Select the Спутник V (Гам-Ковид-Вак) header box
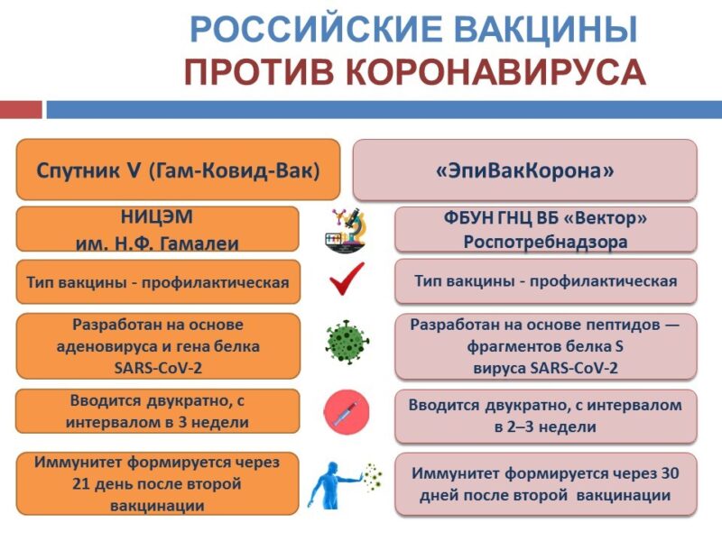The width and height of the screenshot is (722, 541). [178, 170]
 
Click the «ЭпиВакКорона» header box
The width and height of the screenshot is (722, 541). [525, 170]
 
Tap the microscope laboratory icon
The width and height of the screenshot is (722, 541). [346, 231]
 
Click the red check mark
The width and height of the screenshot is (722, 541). [347, 279]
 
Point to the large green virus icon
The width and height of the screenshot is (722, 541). [347, 343]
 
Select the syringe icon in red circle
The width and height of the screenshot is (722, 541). [347, 412]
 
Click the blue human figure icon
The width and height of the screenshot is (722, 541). [330, 485]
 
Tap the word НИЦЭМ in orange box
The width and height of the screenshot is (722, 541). [157, 216]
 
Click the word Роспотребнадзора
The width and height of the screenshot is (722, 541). [546, 242]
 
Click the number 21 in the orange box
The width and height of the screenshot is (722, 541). [80, 484]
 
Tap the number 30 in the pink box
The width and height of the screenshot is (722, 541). [670, 473]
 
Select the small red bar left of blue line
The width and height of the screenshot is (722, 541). [21, 110]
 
